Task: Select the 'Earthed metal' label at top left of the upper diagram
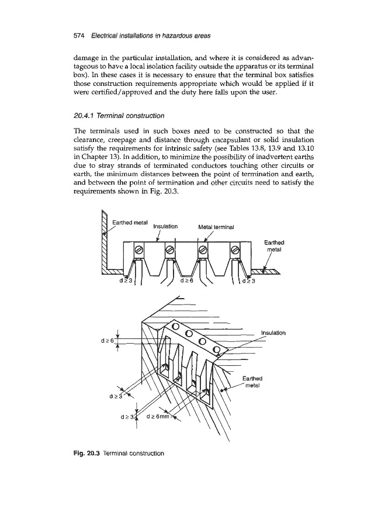129,222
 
